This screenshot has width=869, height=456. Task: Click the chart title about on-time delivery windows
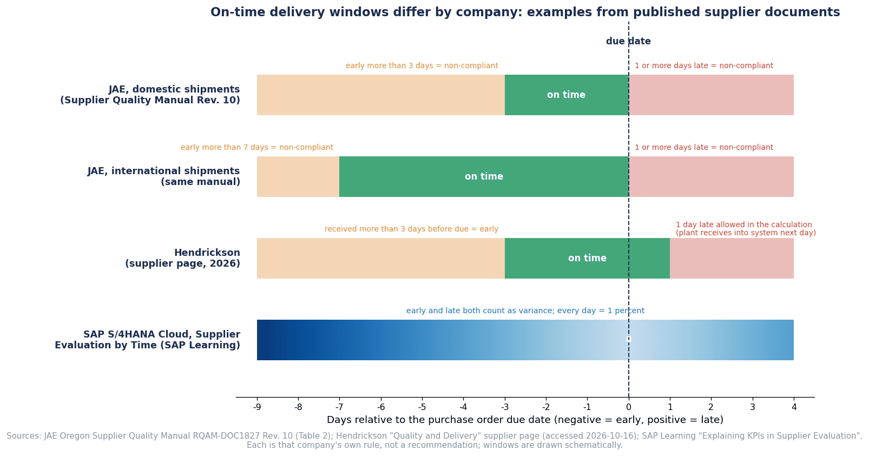(x=525, y=12)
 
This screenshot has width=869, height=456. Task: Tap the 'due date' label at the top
(x=628, y=41)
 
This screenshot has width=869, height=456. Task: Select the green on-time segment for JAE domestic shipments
(x=567, y=95)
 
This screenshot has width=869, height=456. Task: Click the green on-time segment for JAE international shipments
(x=484, y=176)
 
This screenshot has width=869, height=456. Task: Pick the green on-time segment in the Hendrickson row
(x=587, y=258)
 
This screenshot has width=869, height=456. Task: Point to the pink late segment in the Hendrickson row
(x=732, y=258)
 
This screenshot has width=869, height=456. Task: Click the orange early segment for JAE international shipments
(x=298, y=176)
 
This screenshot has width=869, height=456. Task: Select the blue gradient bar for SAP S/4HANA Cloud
(x=525, y=340)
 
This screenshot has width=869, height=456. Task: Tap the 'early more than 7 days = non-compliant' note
(x=257, y=147)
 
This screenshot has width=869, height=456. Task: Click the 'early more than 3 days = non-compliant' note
(x=422, y=65)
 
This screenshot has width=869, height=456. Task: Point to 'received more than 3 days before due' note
(x=411, y=229)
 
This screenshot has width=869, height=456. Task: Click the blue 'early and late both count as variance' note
(x=525, y=310)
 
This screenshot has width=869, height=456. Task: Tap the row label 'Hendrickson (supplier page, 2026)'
(x=182, y=258)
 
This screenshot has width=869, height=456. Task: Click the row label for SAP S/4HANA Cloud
(x=147, y=340)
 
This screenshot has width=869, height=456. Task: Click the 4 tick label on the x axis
(x=794, y=407)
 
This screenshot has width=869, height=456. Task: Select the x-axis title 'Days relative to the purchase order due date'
(x=525, y=420)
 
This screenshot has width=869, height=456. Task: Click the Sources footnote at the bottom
(x=435, y=440)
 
